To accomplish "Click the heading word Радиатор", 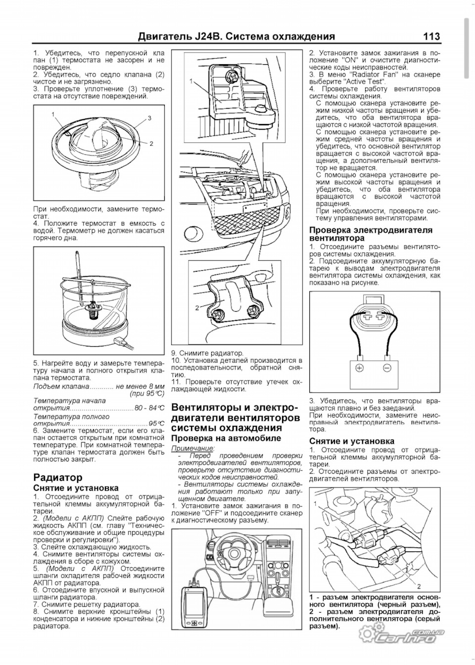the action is pyautogui.click(x=58, y=478).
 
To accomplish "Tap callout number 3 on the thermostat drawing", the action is pyautogui.click(x=149, y=118).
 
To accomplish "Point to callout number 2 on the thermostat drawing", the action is pyautogui.click(x=151, y=144).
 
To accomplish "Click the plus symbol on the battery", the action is pyautogui.click(x=360, y=369).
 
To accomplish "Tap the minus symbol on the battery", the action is pyautogui.click(x=387, y=369).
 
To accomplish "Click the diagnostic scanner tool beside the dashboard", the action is pyautogui.click(x=192, y=607).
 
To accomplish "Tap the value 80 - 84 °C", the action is pyautogui.click(x=149, y=408).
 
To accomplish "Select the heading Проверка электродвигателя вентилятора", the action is pyautogui.click(x=371, y=234).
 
